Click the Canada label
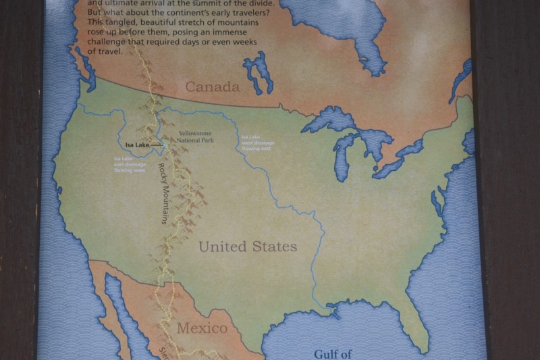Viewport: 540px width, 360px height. tap(213, 87)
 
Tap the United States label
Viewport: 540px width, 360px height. tap(248, 247)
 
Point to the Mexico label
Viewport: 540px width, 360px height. tap(202, 328)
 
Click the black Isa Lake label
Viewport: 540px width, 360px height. tap(137, 145)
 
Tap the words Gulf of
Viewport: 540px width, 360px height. tap(335, 353)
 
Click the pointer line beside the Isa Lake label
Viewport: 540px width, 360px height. tap(157, 145)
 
